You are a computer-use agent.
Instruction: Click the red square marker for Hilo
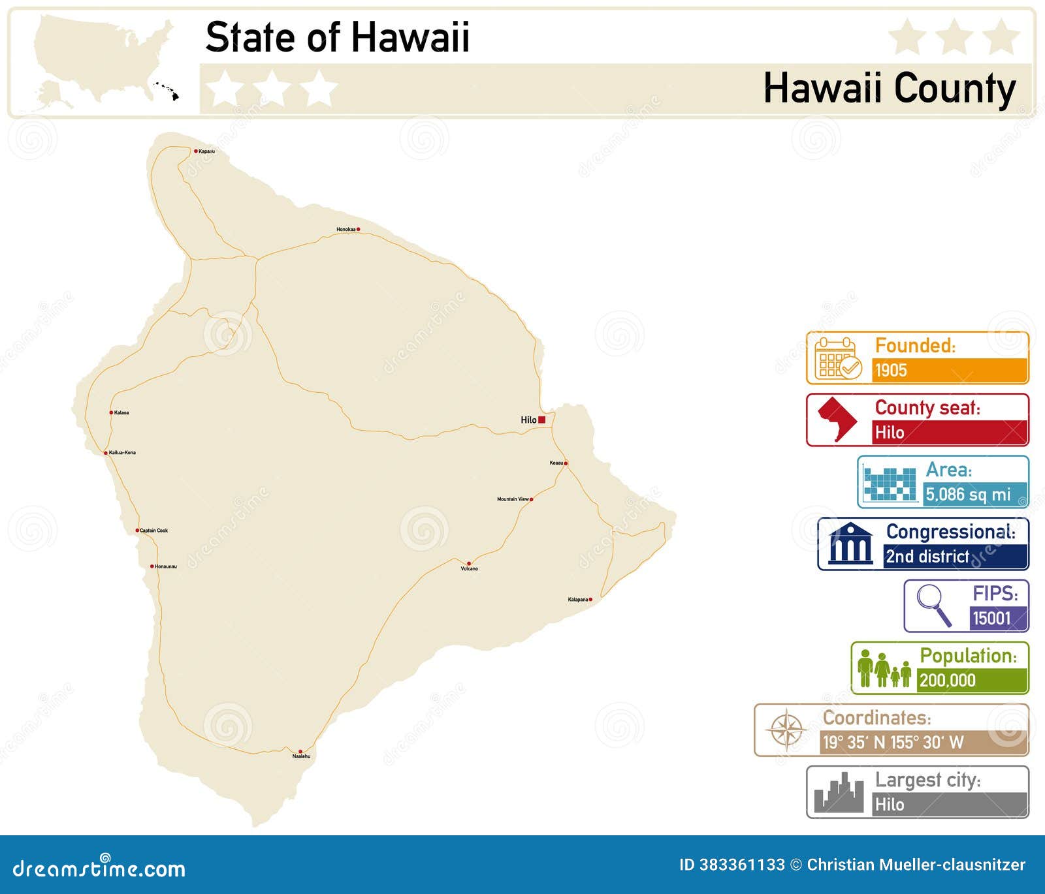(x=541, y=420)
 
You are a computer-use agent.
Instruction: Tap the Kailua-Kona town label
(x=122, y=453)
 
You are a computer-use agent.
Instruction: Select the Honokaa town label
(x=346, y=230)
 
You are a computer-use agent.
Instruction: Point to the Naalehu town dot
(x=300, y=752)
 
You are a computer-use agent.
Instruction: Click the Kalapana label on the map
(x=577, y=600)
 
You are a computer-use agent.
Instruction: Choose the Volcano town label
(x=470, y=569)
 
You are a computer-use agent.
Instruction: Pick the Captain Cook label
(x=154, y=531)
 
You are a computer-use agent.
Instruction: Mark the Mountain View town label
(x=513, y=499)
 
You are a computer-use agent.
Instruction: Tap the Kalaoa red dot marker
(x=111, y=412)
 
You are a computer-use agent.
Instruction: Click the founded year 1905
(x=891, y=371)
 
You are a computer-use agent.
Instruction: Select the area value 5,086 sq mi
(x=968, y=495)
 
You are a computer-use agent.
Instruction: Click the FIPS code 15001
(x=991, y=618)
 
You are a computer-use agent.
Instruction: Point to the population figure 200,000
(x=947, y=681)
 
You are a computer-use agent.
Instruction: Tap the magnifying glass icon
(x=933, y=604)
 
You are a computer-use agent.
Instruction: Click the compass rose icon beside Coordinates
(x=786, y=730)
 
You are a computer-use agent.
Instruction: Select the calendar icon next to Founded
(x=837, y=358)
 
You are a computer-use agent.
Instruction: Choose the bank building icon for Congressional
(x=850, y=544)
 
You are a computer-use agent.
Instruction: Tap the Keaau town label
(x=556, y=463)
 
